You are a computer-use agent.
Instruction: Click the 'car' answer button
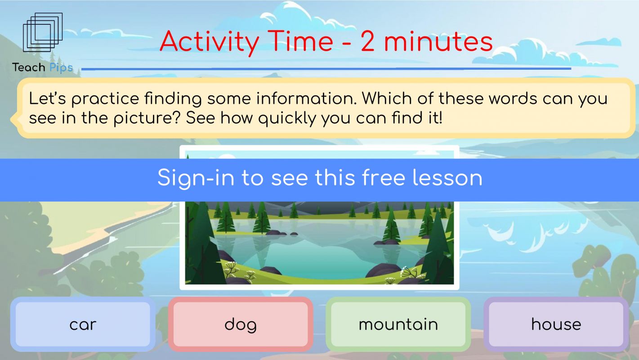coord(83,324)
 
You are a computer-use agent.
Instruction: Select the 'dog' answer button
coord(241,324)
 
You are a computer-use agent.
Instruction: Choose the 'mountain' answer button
coord(398,324)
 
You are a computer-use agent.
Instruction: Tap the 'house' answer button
coord(556,324)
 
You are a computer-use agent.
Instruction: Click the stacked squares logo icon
coord(43,32)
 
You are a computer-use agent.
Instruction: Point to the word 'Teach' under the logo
coord(29,67)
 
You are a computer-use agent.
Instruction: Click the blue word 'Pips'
coord(61,67)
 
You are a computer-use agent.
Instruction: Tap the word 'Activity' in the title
coord(210,42)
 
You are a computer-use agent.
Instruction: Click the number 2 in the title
coord(367,42)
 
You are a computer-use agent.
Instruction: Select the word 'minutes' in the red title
coord(438,42)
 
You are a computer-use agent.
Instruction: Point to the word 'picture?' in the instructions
coord(147,118)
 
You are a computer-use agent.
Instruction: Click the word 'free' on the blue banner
coord(384,178)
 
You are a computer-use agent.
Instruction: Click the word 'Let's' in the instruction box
coord(48,98)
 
